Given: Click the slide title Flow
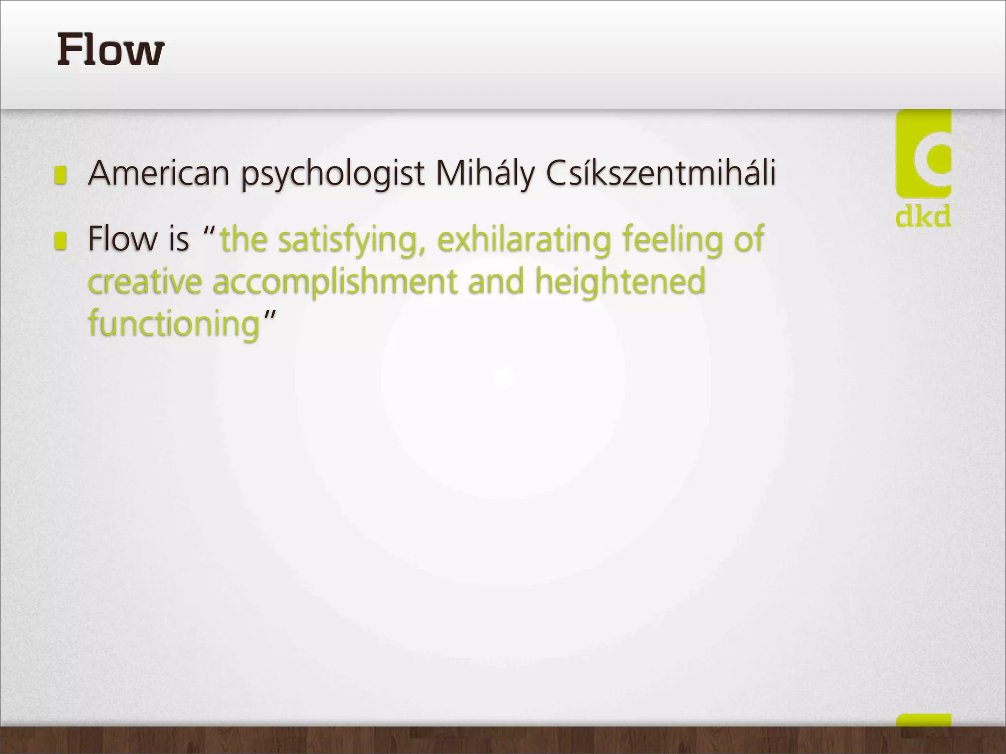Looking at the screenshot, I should click(x=111, y=50).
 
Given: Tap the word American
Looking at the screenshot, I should click(x=159, y=173).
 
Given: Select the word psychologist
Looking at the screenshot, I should click(x=333, y=174).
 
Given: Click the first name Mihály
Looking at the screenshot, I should click(x=484, y=173).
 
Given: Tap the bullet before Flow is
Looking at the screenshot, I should click(x=60, y=241).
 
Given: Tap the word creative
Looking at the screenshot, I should click(x=145, y=282).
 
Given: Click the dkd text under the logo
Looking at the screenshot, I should click(x=923, y=216).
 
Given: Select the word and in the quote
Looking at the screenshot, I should click(x=496, y=282).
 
